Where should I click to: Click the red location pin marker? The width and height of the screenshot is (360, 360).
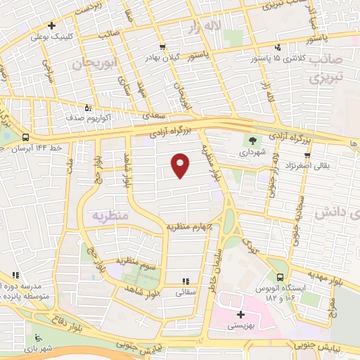click(x=181, y=165)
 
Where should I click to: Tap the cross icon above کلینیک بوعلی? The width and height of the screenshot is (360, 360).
click(x=52, y=26)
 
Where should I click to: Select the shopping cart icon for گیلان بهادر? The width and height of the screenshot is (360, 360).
click(x=163, y=46)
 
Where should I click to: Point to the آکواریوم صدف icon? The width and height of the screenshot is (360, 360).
click(x=87, y=108)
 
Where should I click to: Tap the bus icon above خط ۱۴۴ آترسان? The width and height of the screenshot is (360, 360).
click(x=26, y=137)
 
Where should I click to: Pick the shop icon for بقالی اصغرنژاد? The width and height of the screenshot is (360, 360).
click(x=307, y=155)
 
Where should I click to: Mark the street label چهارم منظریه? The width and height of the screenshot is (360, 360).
click(x=189, y=226)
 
